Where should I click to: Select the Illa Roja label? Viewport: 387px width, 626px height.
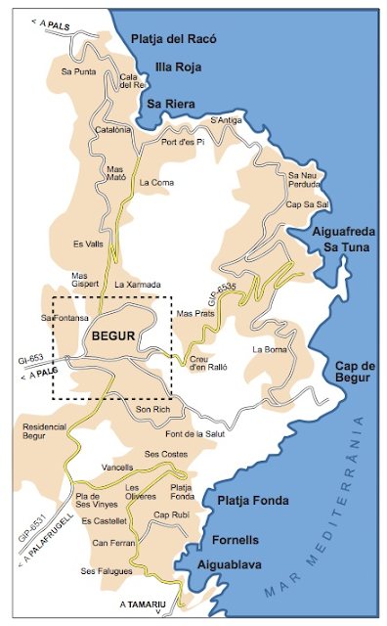[177, 68]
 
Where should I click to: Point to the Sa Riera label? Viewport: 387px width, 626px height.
[171, 103]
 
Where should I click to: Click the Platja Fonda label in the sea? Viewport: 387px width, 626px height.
[253, 500]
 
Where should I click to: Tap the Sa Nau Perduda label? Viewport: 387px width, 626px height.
[304, 180]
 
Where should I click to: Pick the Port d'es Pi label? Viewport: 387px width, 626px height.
[183, 142]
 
